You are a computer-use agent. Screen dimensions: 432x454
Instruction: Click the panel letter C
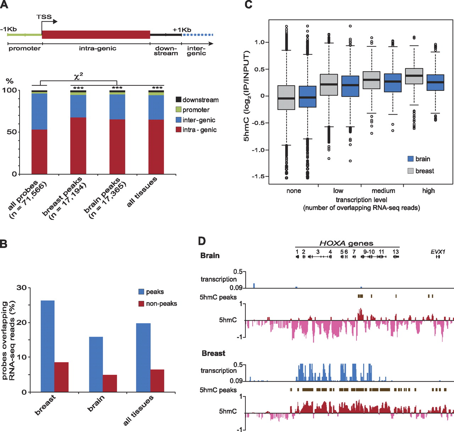pyautogui.click(x=248, y=5)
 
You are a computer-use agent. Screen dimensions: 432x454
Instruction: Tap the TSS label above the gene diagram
pyautogui.click(x=44, y=17)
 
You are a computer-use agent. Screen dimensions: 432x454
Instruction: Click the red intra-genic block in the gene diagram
pyautogui.click(x=96, y=34)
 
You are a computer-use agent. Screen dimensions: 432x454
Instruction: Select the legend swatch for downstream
pyautogui.click(x=178, y=100)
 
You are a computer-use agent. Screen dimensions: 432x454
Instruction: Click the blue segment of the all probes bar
pyautogui.click(x=39, y=111)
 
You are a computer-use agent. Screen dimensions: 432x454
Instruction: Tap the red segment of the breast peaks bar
pyautogui.click(x=78, y=145)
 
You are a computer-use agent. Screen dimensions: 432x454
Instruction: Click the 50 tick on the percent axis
pyautogui.click(x=12, y=132)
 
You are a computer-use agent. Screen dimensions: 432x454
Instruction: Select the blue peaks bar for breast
pyautogui.click(x=48, y=346)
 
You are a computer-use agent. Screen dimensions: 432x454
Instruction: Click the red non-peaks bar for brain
pyautogui.click(x=110, y=383)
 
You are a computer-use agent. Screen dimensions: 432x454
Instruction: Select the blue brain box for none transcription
pyautogui.click(x=308, y=96)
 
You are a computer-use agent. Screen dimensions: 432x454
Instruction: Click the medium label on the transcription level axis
pyautogui.click(x=383, y=191)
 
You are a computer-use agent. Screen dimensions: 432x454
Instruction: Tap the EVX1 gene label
pyautogui.click(x=438, y=251)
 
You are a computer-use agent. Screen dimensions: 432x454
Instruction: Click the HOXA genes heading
pyautogui.click(x=346, y=243)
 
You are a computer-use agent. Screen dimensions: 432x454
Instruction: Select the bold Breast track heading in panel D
pyautogui.click(x=213, y=353)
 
